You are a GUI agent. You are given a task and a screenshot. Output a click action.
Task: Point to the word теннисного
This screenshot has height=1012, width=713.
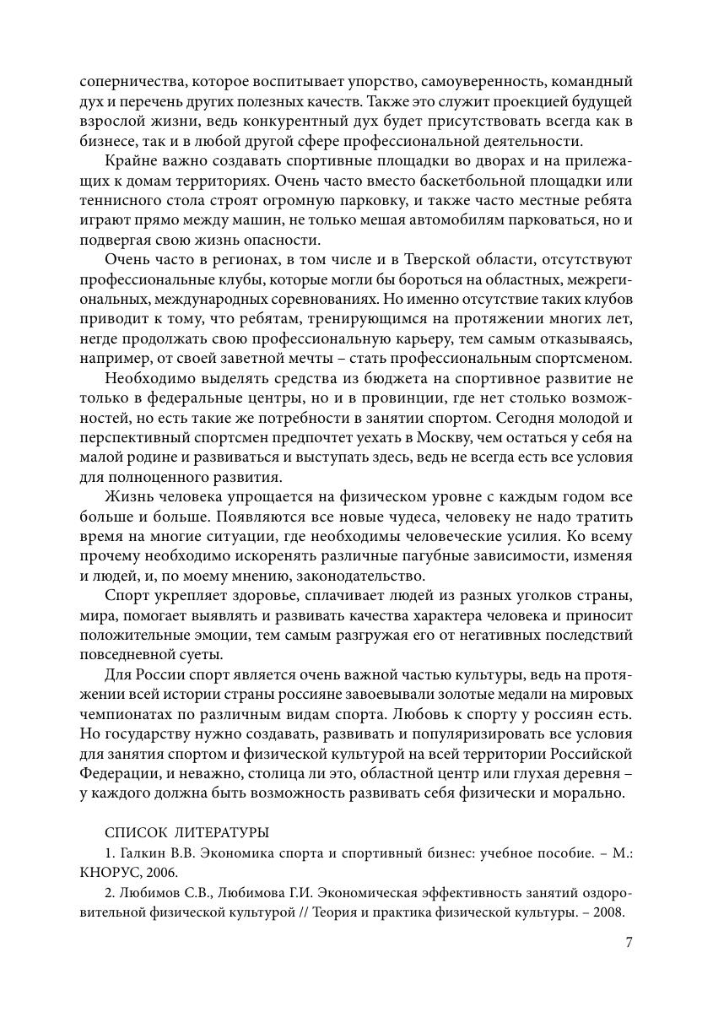[x=118, y=200]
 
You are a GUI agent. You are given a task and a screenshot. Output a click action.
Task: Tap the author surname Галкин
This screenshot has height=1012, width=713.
[x=142, y=855]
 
